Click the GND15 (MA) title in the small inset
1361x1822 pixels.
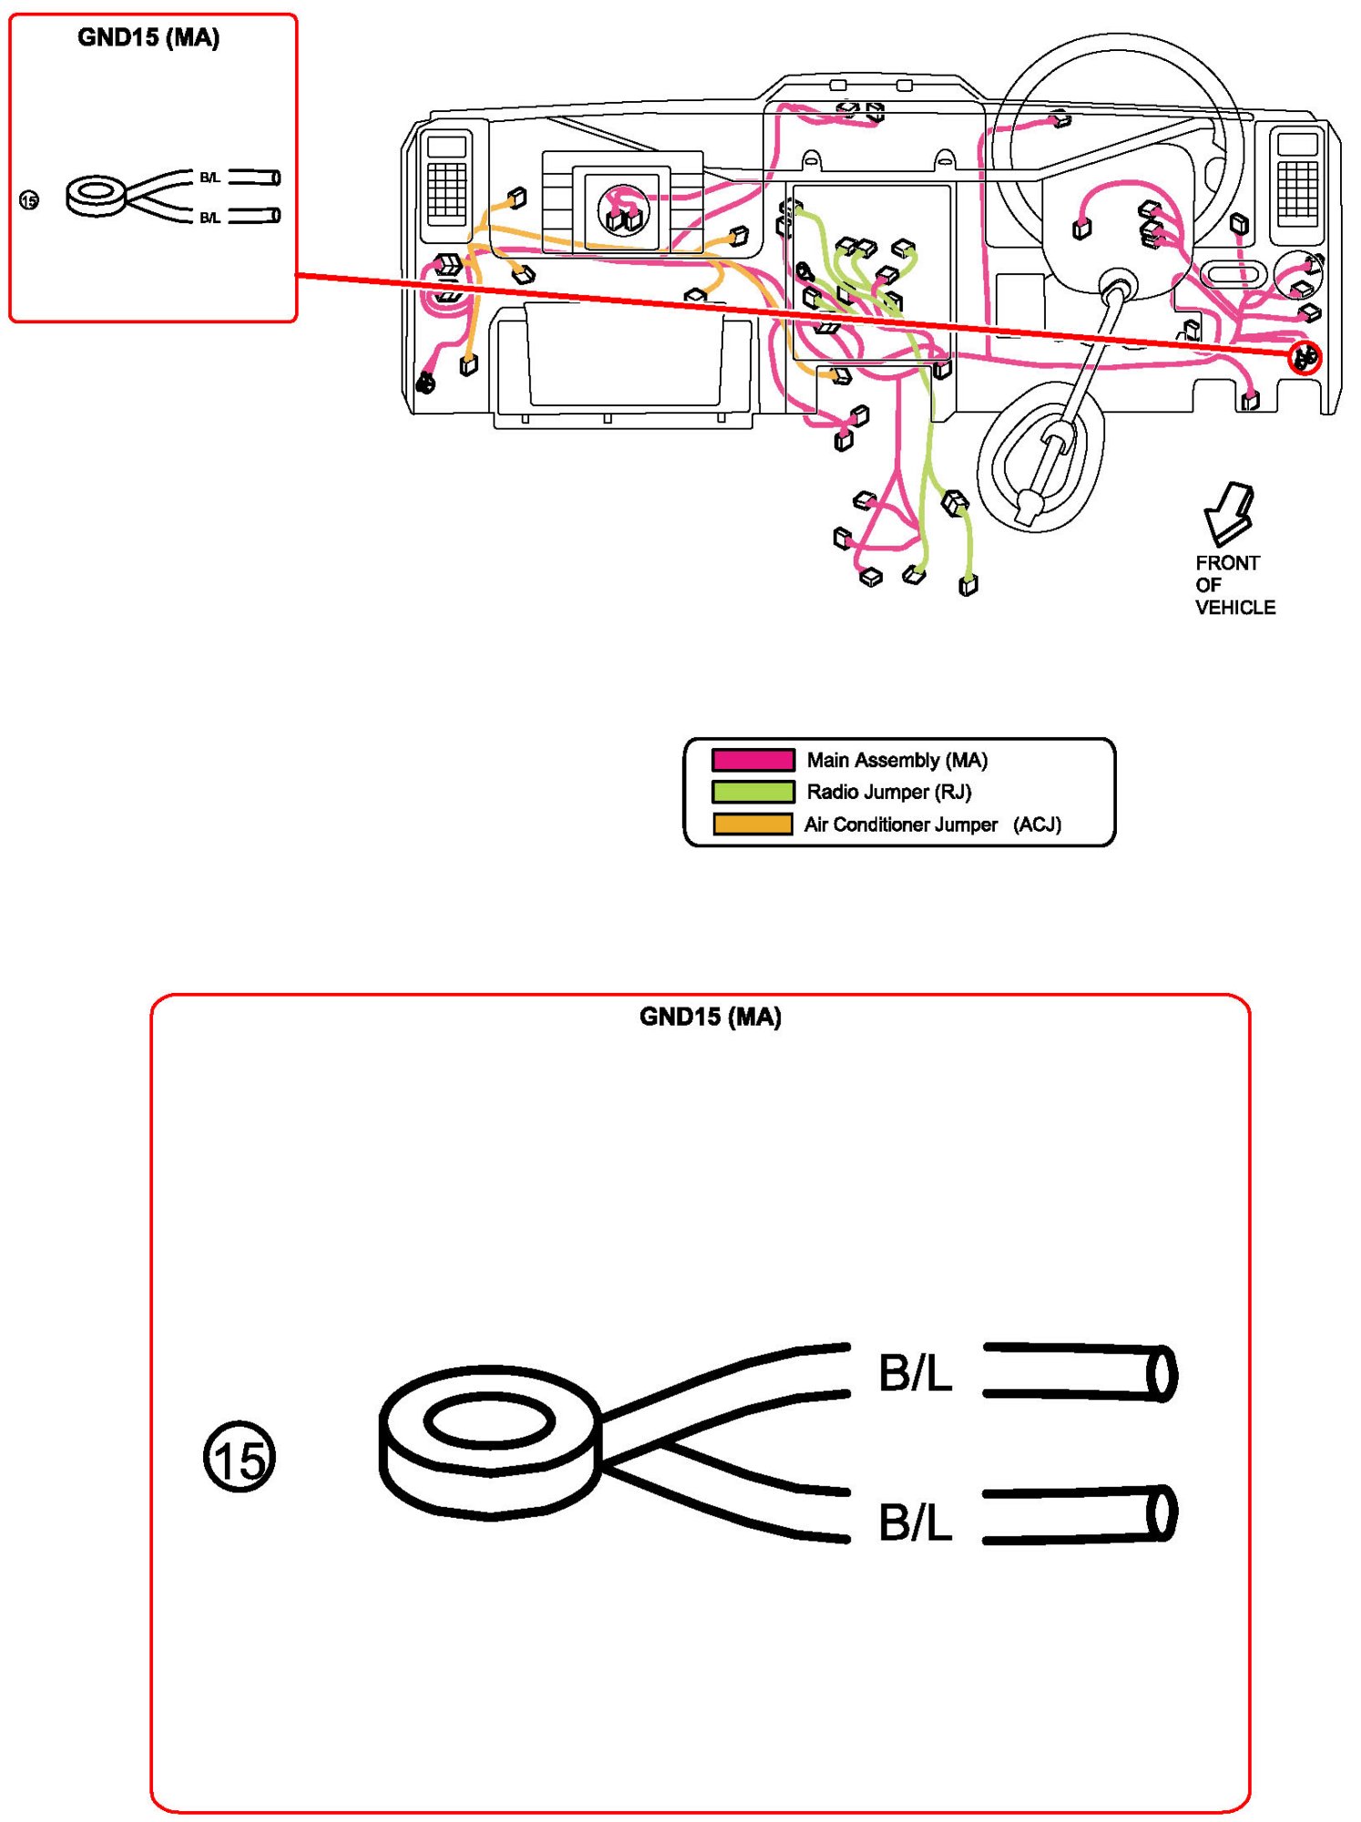(x=148, y=38)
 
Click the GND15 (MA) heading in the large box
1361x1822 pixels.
(x=710, y=1017)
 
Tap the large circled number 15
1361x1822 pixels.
(x=239, y=1456)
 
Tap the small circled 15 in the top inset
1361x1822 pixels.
(x=29, y=200)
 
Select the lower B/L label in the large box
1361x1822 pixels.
(x=915, y=1521)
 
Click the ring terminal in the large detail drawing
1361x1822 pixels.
(x=490, y=1441)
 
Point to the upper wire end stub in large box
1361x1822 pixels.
(x=1080, y=1372)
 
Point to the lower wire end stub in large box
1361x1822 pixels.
(x=1080, y=1514)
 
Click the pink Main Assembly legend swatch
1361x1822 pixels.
(x=752, y=760)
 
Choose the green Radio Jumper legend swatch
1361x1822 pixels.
(x=752, y=792)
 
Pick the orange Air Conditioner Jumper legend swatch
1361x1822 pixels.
(x=752, y=824)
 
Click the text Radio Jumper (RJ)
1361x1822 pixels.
(x=889, y=792)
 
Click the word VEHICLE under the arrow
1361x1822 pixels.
(x=1235, y=608)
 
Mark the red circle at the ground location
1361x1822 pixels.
(x=1305, y=357)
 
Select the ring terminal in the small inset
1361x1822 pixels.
(x=95, y=195)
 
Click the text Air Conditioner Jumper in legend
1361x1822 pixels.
(x=900, y=824)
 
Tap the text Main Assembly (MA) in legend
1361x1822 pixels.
(x=897, y=760)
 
